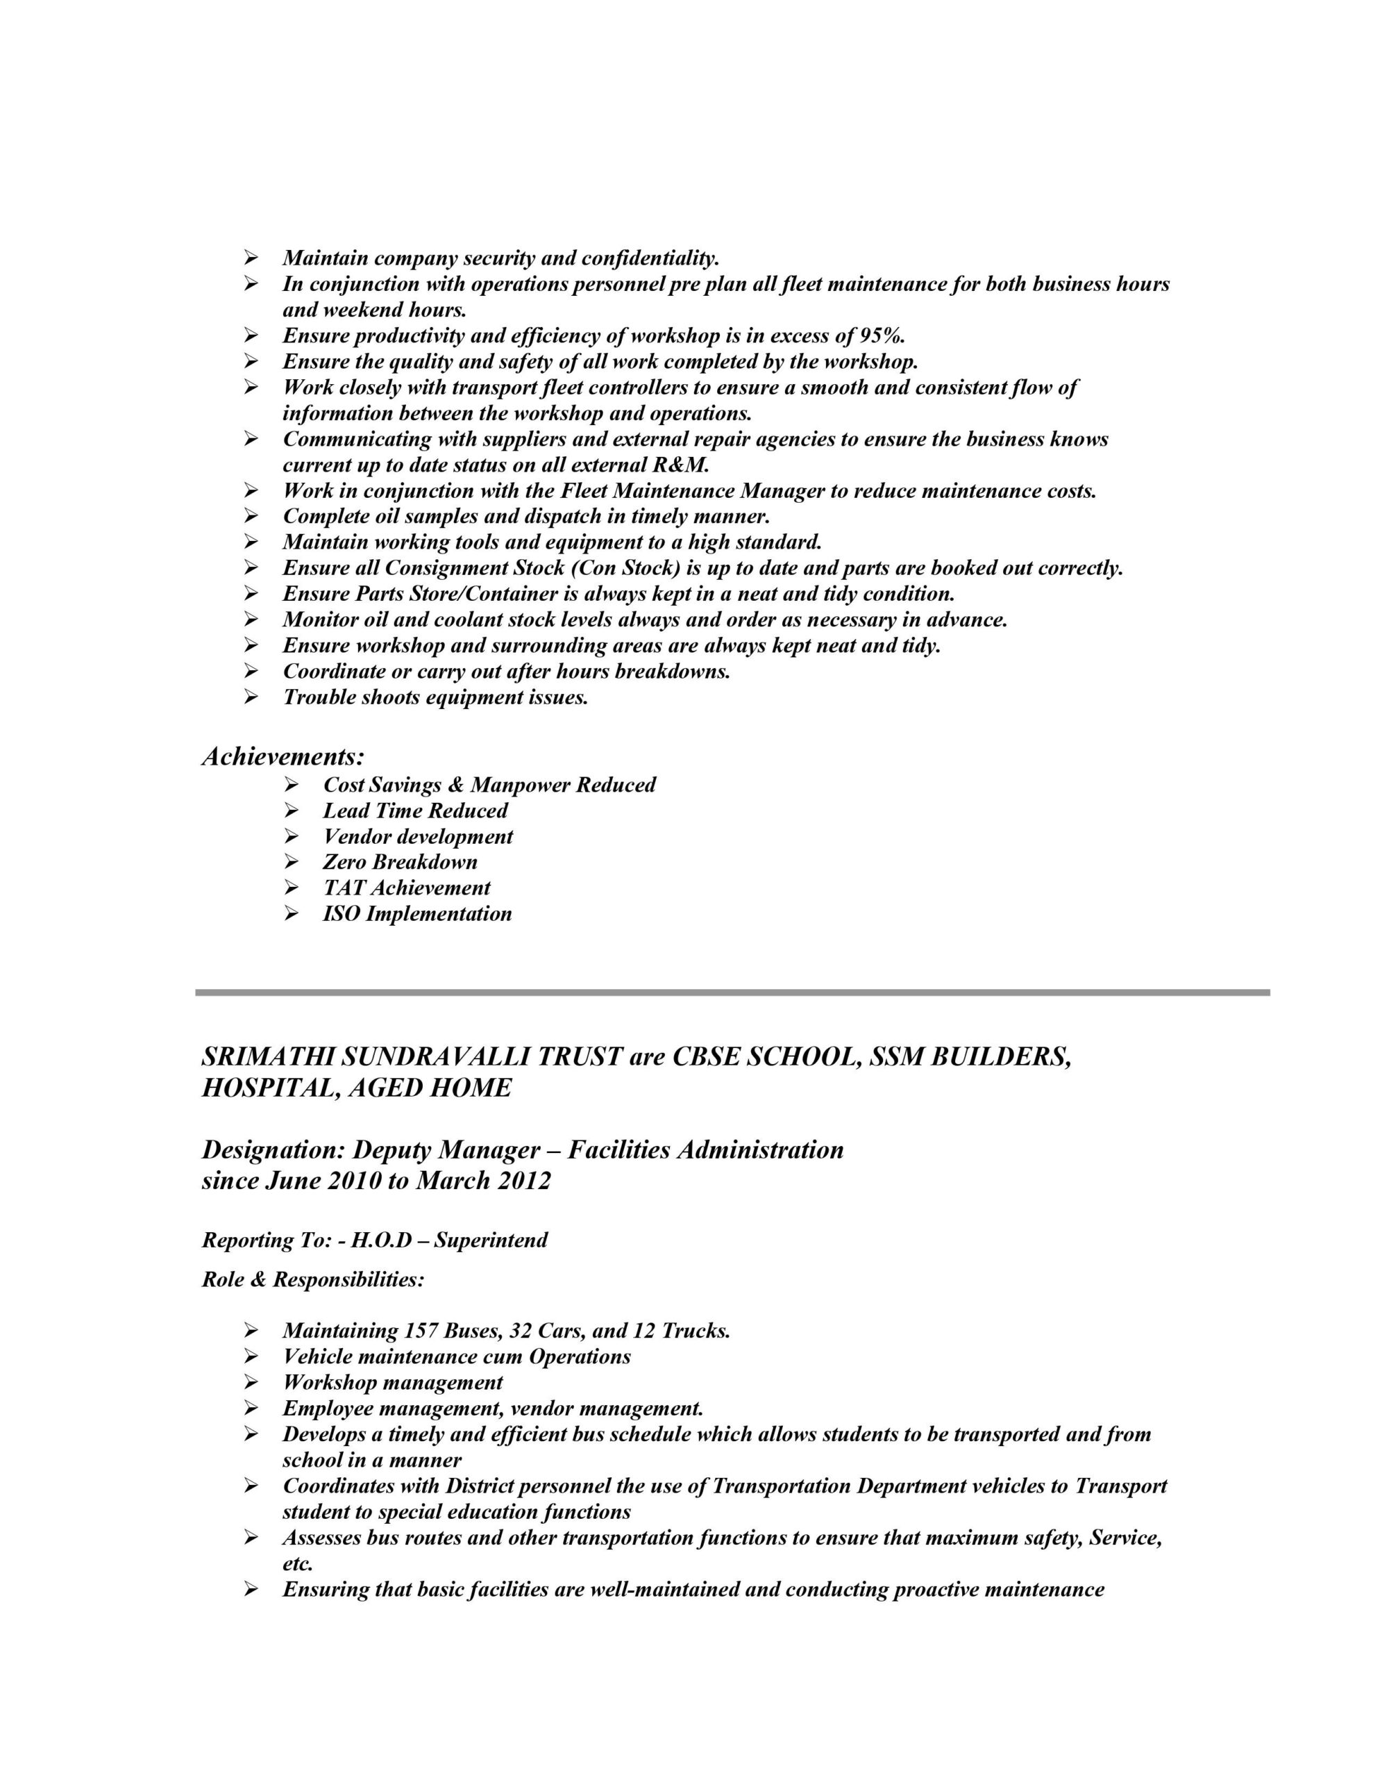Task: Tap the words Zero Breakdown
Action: pos(400,862)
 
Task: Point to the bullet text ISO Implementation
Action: pos(416,914)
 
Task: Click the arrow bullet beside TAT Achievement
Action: pos(292,888)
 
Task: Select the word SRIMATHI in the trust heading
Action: pos(266,1058)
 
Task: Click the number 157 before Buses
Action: pos(421,1331)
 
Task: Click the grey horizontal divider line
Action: pos(732,993)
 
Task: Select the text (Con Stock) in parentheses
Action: pos(624,568)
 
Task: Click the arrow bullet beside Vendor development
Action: pos(292,836)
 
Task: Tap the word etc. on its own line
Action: pos(297,1564)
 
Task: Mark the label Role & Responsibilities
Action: pos(312,1280)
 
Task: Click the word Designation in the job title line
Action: pos(272,1150)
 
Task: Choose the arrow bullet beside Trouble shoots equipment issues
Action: pos(251,698)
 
